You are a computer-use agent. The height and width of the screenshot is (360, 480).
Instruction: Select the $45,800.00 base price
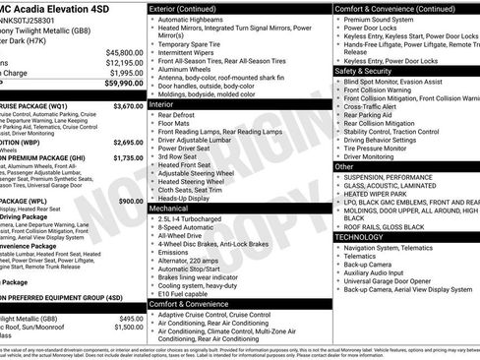pyautogui.click(x=124, y=52)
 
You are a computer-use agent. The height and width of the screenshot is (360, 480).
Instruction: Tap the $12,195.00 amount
pyautogui.click(x=124, y=62)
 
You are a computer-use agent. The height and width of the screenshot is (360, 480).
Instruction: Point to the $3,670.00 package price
pyautogui.click(x=128, y=105)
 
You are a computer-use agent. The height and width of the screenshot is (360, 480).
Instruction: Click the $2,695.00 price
pyautogui.click(x=128, y=142)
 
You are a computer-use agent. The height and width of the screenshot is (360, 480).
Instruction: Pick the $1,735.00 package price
pyautogui.click(x=128, y=157)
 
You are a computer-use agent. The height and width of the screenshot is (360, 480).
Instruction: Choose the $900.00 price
pyautogui.click(x=131, y=201)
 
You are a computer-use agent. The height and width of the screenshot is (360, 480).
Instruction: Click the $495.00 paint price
pyautogui.click(x=131, y=320)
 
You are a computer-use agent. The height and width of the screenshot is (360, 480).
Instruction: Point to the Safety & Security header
pyautogui.click(x=363, y=72)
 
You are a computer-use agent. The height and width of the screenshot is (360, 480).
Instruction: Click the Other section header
pyautogui.click(x=344, y=167)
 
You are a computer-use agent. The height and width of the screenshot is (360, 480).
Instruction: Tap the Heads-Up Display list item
pyautogui.click(x=188, y=198)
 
